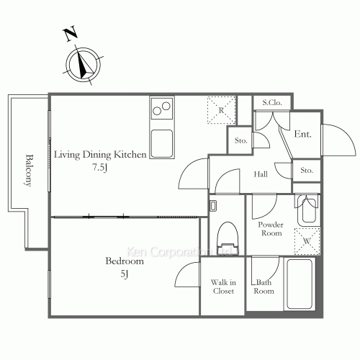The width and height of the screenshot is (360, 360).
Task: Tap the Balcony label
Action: pyautogui.click(x=29, y=171)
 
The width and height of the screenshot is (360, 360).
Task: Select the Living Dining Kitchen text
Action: pyautogui.click(x=100, y=155)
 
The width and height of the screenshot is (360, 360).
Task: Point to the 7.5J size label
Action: pyautogui.click(x=100, y=167)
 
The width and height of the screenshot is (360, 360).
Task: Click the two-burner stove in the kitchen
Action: pyautogui.click(x=162, y=108)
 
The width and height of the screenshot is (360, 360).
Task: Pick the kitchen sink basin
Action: pyautogui.click(x=162, y=143)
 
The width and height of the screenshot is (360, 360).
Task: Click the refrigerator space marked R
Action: pyautogui.click(x=221, y=110)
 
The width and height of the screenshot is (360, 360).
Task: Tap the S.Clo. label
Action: pyautogui.click(x=272, y=103)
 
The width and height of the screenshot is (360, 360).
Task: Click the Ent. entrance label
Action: pyautogui.click(x=303, y=134)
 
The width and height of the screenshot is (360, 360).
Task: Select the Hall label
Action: pyautogui.click(x=261, y=174)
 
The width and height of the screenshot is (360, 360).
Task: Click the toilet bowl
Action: pyautogui.click(x=228, y=238)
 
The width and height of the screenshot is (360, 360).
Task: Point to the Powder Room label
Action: pyautogui.click(x=271, y=229)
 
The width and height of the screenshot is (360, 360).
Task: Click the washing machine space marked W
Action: pyautogui.click(x=307, y=240)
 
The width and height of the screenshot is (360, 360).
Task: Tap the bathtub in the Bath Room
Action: pyautogui.click(x=300, y=284)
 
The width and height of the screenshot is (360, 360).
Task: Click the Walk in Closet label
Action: pyautogui.click(x=223, y=287)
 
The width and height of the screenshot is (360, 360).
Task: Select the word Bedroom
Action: pyautogui.click(x=125, y=261)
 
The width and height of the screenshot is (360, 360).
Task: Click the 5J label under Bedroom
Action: pyautogui.click(x=125, y=274)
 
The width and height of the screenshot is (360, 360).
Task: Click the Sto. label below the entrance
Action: pyautogui.click(x=307, y=170)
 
